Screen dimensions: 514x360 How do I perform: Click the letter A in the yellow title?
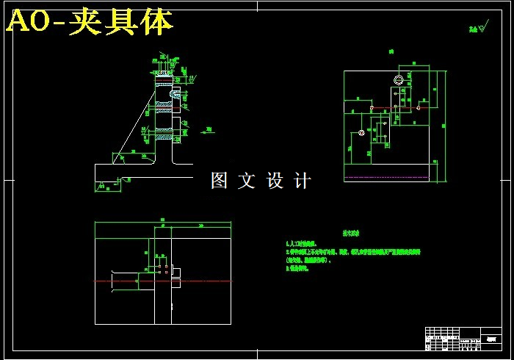[18, 23]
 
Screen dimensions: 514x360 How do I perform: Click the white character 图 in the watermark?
[219, 181]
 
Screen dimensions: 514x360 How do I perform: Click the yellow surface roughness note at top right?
[478, 29]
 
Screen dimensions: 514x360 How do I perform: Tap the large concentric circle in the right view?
[398, 79]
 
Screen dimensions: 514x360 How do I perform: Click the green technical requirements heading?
[349, 231]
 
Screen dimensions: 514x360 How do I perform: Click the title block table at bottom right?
[463, 339]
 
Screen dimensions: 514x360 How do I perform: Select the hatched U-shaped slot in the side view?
[176, 93]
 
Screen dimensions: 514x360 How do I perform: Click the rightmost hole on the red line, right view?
[418, 108]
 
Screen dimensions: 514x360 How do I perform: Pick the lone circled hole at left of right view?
[361, 133]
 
